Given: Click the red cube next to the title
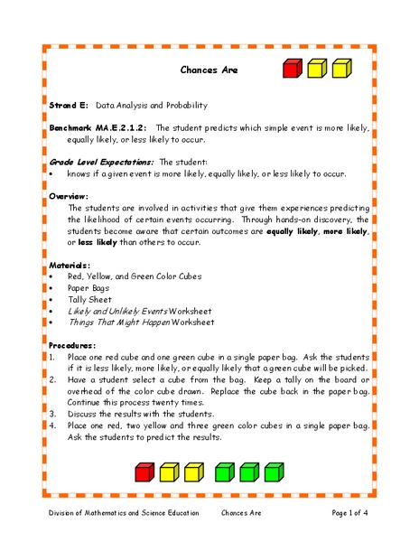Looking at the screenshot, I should (292, 69).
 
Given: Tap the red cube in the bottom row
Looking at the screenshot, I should (145, 472).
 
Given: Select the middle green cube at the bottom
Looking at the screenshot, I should (250, 472).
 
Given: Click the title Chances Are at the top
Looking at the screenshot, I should (209, 70).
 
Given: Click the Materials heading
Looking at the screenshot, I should (70, 264).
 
